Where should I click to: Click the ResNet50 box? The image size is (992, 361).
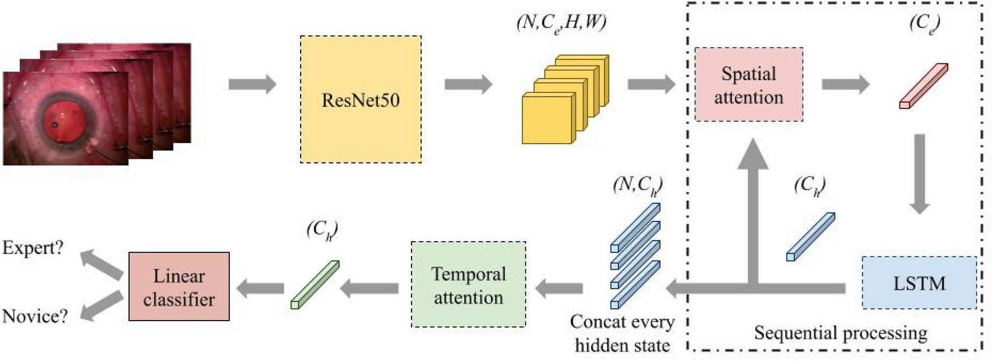(x=361, y=100)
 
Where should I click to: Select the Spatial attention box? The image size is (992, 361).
(x=749, y=85)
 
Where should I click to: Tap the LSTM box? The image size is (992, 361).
(x=919, y=283)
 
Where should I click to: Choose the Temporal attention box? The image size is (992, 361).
(x=468, y=285)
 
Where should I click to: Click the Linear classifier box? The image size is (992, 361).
(x=179, y=286)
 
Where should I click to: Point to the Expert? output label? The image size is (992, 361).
(x=33, y=247)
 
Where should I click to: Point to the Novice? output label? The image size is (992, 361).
(x=35, y=316)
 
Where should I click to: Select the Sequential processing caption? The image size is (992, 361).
(x=840, y=333)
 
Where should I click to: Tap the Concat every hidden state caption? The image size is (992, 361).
(x=622, y=333)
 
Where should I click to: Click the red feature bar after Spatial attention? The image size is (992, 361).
(x=924, y=86)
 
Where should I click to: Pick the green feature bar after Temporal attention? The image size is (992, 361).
(x=315, y=285)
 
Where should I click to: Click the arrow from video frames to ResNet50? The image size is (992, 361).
(x=252, y=85)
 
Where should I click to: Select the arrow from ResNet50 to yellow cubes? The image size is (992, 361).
(x=468, y=85)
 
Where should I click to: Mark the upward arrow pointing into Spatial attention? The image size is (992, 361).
(x=753, y=207)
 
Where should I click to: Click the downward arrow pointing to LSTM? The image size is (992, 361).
(x=919, y=174)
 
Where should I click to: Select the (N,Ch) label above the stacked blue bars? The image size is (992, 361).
(x=638, y=185)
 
